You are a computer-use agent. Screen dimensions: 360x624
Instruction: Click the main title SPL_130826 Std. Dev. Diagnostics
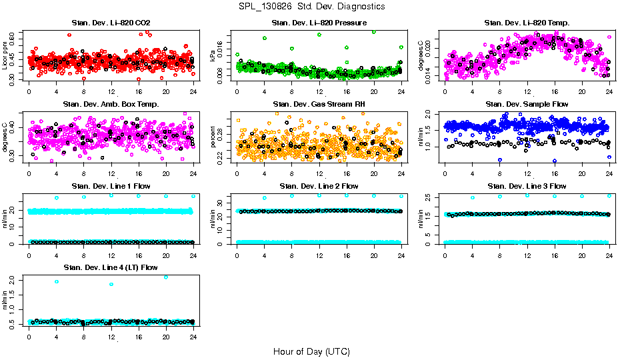click(x=311, y=7)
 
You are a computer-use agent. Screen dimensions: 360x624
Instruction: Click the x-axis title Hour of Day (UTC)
click(x=311, y=351)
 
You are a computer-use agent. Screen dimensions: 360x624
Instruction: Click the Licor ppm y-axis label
click(x=5, y=55)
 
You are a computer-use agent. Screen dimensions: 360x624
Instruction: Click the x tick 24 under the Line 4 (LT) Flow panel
click(x=193, y=337)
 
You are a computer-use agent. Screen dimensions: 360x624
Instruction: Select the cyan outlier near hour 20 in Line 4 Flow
click(x=166, y=277)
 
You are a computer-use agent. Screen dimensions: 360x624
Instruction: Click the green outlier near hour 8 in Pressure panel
click(x=292, y=48)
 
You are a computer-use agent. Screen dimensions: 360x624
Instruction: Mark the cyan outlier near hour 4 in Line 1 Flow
click(x=57, y=198)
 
